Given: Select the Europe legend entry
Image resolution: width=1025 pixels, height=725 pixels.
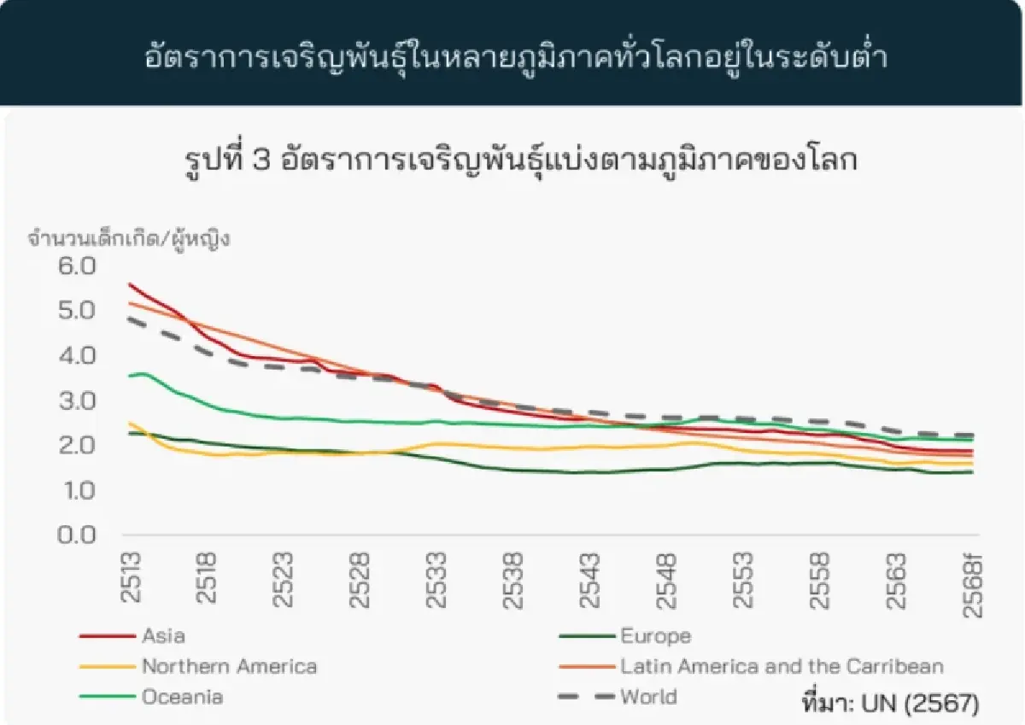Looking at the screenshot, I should [x=655, y=636].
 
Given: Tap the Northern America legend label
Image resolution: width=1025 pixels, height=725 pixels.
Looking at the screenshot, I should [x=229, y=667].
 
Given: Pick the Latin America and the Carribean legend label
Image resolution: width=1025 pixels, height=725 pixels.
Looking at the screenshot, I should [x=782, y=667].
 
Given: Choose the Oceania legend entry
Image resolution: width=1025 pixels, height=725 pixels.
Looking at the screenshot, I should [x=182, y=697].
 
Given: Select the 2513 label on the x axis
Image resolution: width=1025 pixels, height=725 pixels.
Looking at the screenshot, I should [x=132, y=578].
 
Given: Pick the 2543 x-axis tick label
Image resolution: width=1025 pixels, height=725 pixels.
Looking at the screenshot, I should [x=591, y=578].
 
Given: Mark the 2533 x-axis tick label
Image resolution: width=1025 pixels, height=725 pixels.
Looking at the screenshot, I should [x=437, y=578].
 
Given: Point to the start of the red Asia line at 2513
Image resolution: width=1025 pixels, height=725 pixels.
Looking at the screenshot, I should [x=129, y=284].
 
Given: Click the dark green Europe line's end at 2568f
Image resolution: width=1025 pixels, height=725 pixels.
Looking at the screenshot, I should [x=972, y=472].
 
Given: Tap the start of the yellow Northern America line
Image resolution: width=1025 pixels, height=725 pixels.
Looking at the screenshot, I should [x=129, y=423].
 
